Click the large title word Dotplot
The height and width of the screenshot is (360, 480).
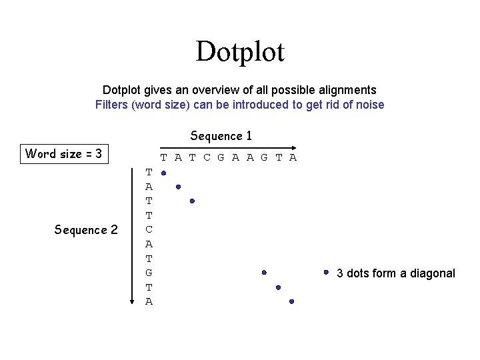pos(240,52)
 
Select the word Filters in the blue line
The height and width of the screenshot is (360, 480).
pos(112,105)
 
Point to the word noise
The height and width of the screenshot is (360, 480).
pos(370,105)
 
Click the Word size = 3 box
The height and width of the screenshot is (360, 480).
pos(63,154)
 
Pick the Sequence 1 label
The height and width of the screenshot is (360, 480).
pos(221,136)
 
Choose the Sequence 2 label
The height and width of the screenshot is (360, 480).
pos(86,230)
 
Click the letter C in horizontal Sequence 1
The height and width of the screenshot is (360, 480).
pos(207,158)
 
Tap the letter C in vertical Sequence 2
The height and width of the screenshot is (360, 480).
pos(149,229)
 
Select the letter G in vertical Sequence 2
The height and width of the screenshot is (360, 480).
pos(149,273)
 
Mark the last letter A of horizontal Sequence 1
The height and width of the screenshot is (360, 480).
pos(293,158)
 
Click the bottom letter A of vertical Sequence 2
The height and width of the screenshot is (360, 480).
pos(149,301)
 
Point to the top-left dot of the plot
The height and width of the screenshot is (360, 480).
pos(163,173)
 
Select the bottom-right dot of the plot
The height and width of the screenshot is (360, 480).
pos(292,301)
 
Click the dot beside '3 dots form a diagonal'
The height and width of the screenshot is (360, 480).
pos(327,272)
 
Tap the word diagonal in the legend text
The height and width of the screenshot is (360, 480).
pos(434,273)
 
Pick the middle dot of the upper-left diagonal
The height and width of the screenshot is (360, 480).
pos(178,187)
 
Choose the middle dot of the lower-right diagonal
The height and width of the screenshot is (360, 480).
pos(278,287)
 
